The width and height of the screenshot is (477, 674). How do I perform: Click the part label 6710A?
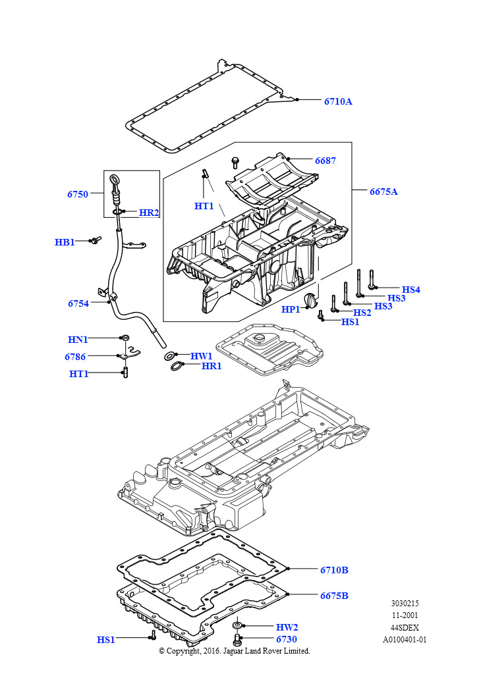pyautogui.click(x=338, y=101)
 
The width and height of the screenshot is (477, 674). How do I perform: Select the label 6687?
pyautogui.click(x=325, y=161)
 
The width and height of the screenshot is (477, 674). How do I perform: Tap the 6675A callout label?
pyautogui.click(x=383, y=192)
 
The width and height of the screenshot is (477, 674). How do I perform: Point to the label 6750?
pyautogui.click(x=78, y=194)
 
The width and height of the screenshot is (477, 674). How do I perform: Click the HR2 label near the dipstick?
pyautogui.click(x=149, y=213)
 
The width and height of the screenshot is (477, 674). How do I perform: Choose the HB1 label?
pyautogui.click(x=65, y=242)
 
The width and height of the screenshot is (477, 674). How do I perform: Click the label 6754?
pyautogui.click(x=78, y=303)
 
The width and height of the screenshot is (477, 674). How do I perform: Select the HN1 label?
pyautogui.click(x=78, y=340)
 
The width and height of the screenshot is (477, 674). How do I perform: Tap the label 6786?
pyautogui.click(x=75, y=357)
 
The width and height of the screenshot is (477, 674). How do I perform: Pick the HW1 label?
pyautogui.click(x=202, y=356)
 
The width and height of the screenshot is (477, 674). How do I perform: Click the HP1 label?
pyautogui.click(x=291, y=309)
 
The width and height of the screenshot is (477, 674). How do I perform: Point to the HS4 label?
pyautogui.click(x=411, y=290)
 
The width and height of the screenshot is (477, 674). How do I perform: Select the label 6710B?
pyautogui.click(x=335, y=570)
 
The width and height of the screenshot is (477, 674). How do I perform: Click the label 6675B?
pyautogui.click(x=335, y=596)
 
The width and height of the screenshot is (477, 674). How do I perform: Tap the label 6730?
pyautogui.click(x=287, y=638)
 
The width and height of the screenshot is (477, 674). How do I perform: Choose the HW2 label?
pyautogui.click(x=287, y=627)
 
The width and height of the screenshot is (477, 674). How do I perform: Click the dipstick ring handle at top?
pyautogui.click(x=115, y=178)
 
